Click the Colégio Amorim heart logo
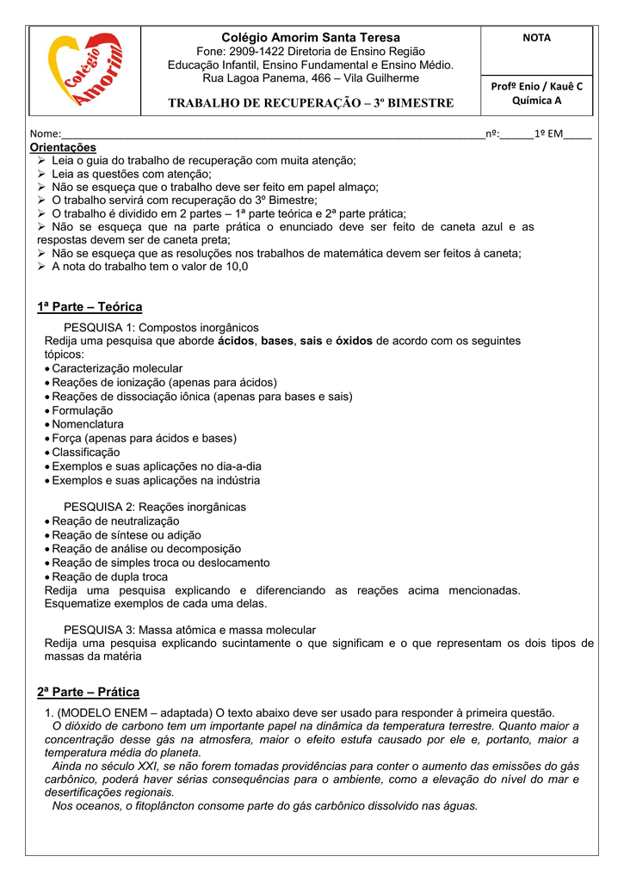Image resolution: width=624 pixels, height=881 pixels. tap(84, 71)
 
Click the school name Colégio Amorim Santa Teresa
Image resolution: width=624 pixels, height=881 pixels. tap(311, 38)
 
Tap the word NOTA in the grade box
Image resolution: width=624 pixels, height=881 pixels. tap(536, 39)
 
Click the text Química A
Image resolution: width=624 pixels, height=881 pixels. tap(536, 101)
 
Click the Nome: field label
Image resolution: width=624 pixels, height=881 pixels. tap(45, 134)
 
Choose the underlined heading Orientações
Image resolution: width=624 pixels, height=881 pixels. tap(66, 147)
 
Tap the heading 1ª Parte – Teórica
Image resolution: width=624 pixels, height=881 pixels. tap(90, 307)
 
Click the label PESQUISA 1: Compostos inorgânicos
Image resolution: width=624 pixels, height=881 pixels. tap(161, 327)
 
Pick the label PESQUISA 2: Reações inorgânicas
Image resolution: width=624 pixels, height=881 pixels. tap(155, 507)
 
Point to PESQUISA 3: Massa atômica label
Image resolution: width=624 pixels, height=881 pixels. tap(189, 630)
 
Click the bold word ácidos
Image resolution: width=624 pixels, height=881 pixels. tap(236, 341)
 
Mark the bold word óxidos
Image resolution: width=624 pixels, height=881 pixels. tap(354, 341)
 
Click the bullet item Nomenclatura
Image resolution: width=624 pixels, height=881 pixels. tap(88, 424)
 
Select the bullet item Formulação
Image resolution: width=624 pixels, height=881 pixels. tap(83, 410)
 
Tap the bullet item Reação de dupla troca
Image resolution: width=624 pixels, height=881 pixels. tap(110, 576)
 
